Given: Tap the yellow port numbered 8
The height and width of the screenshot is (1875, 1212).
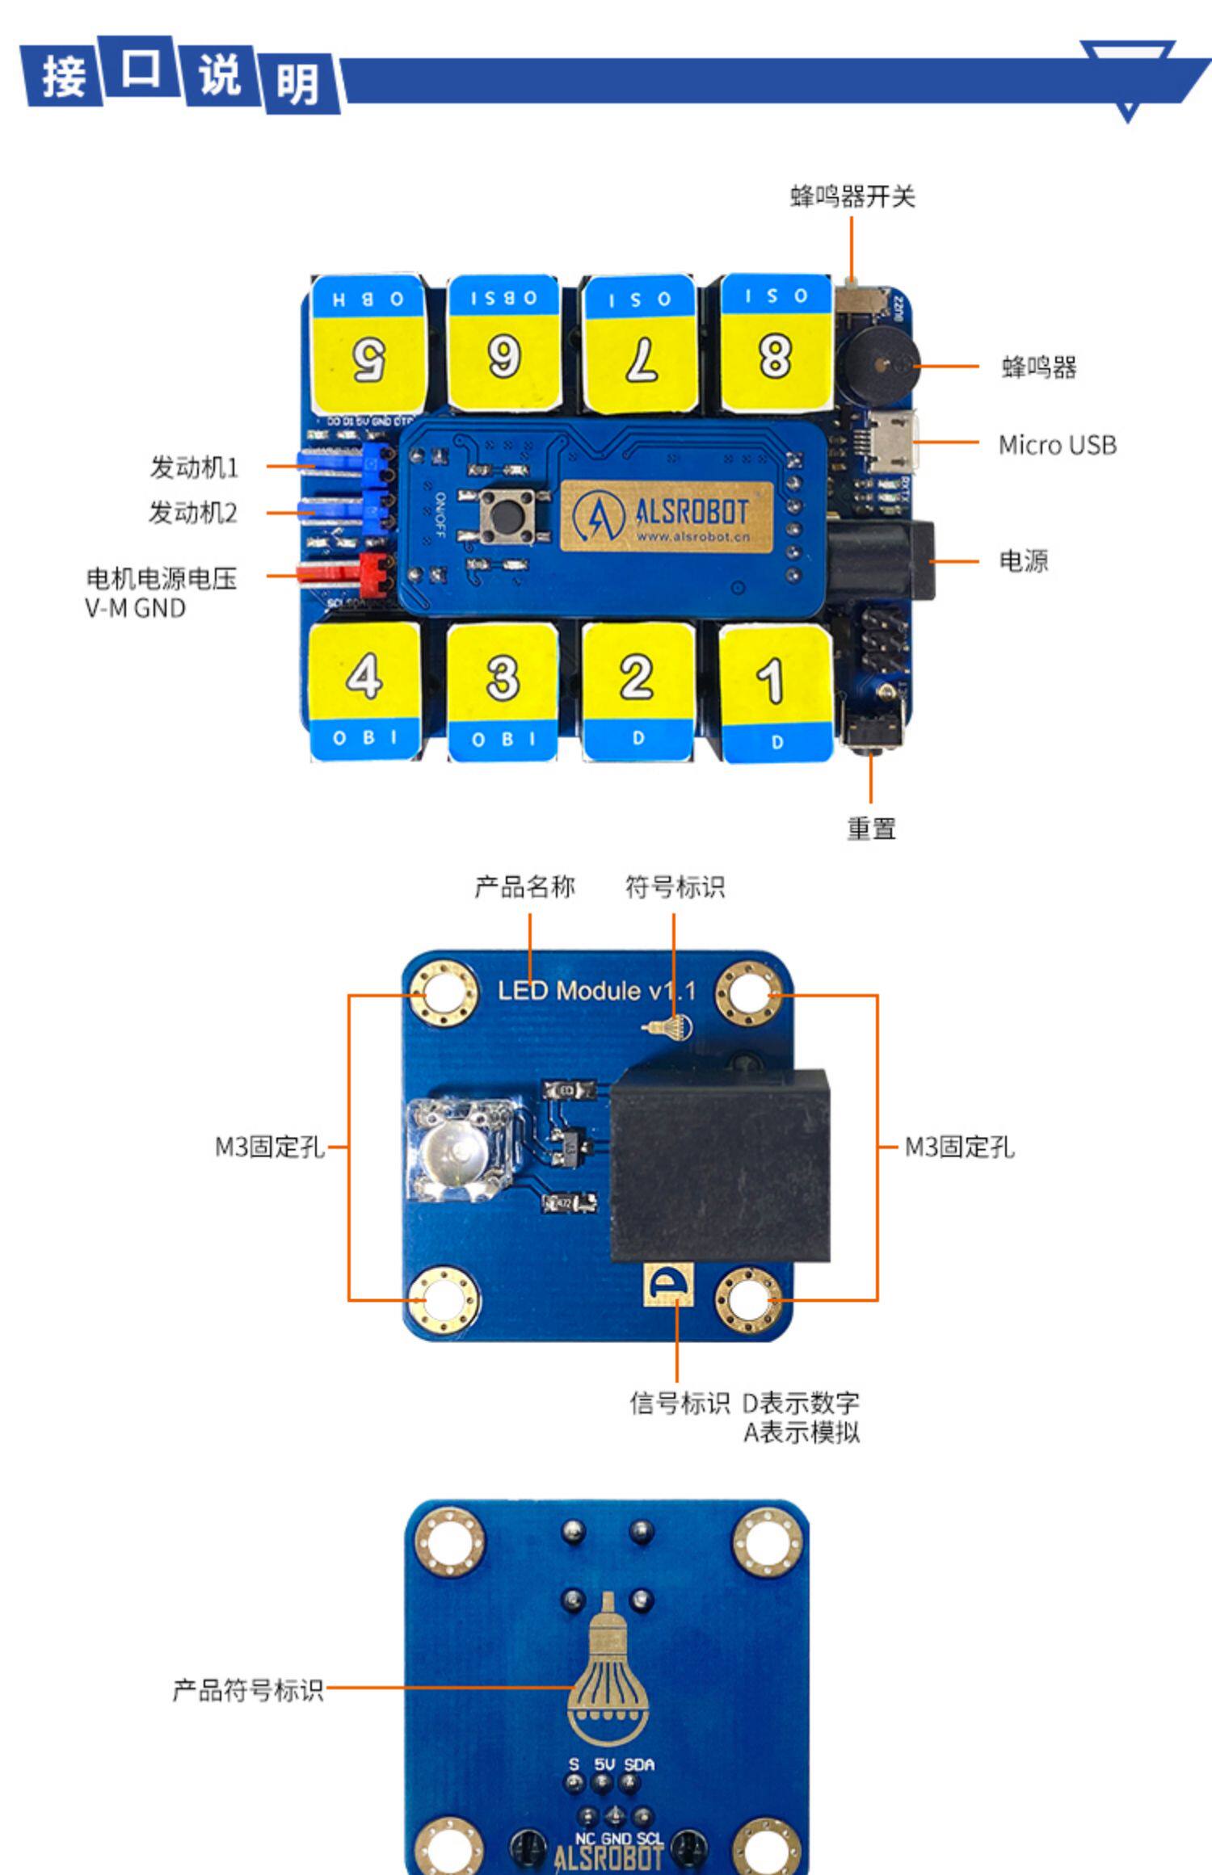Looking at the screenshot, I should pyautogui.click(x=775, y=355).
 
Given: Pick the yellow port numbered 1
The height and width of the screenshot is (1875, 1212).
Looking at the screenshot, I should pyautogui.click(x=775, y=678).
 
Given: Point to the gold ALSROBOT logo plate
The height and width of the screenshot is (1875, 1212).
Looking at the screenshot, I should pyautogui.click(x=666, y=516).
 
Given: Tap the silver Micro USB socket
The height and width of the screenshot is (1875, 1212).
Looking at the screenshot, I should pyautogui.click(x=894, y=442).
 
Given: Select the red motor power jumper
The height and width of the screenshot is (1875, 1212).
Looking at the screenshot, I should pyautogui.click(x=347, y=571).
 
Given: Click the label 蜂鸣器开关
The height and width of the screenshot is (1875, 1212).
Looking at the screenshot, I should pyautogui.click(x=852, y=196).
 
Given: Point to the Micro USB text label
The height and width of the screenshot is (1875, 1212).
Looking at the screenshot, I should pyautogui.click(x=1057, y=445).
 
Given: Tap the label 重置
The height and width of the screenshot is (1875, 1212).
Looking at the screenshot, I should pyautogui.click(x=871, y=828).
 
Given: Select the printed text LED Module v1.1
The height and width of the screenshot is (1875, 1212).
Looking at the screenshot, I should pyautogui.click(x=595, y=991).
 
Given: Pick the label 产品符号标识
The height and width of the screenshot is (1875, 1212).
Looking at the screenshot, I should pyautogui.click(x=247, y=1689).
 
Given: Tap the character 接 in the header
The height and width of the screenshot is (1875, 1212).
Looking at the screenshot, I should pyautogui.click(x=63, y=78).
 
